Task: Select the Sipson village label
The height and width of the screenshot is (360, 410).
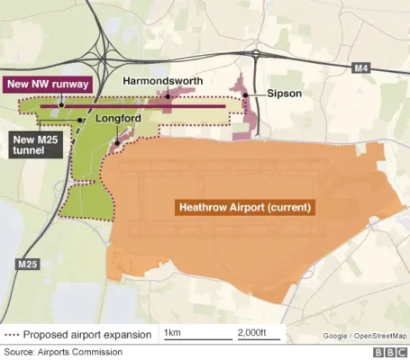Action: pyautogui.click(x=284, y=94)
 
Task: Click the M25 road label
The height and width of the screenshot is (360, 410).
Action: pyautogui.click(x=25, y=265)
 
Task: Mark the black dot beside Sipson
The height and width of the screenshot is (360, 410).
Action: pyautogui.click(x=244, y=94)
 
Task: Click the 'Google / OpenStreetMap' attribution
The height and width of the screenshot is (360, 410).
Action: pyautogui.click(x=365, y=337)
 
